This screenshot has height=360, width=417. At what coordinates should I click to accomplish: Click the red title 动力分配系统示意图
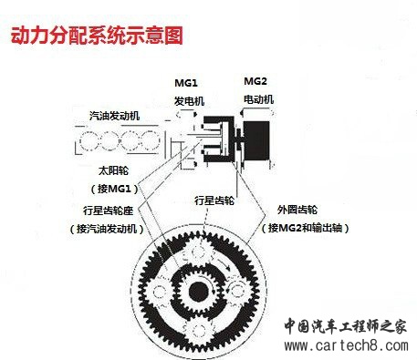pos(97,36)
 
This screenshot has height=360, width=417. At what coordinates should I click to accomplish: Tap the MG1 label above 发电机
pos(186,83)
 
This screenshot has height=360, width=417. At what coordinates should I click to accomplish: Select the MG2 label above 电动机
pos(255,81)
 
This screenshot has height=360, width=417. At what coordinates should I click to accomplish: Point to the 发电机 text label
pos(189,101)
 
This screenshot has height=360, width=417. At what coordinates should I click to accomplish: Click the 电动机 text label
pos(259,99)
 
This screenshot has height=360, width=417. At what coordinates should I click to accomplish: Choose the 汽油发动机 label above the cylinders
pos(115,116)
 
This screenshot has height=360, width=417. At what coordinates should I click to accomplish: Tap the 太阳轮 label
pos(113,170)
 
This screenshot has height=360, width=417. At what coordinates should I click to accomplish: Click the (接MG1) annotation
pos(114,189)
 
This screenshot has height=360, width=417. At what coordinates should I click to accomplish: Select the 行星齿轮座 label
pos(109,211)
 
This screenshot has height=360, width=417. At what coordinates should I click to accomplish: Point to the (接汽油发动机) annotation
pos(107,229)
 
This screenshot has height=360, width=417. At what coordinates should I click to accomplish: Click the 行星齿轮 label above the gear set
pos(214,201)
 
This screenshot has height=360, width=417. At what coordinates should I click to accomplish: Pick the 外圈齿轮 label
pos(297,210)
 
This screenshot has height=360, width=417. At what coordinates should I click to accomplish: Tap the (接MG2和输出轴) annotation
pos(305,228)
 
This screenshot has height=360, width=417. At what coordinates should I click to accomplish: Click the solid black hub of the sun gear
pos(198,292)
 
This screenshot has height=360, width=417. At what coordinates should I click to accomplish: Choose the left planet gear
pos(159,292)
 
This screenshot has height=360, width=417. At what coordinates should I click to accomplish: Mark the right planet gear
pos(238,291)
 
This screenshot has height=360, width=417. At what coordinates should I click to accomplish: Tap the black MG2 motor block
pos(257,140)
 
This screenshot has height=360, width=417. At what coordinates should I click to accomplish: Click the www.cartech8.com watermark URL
pos(346,345)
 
